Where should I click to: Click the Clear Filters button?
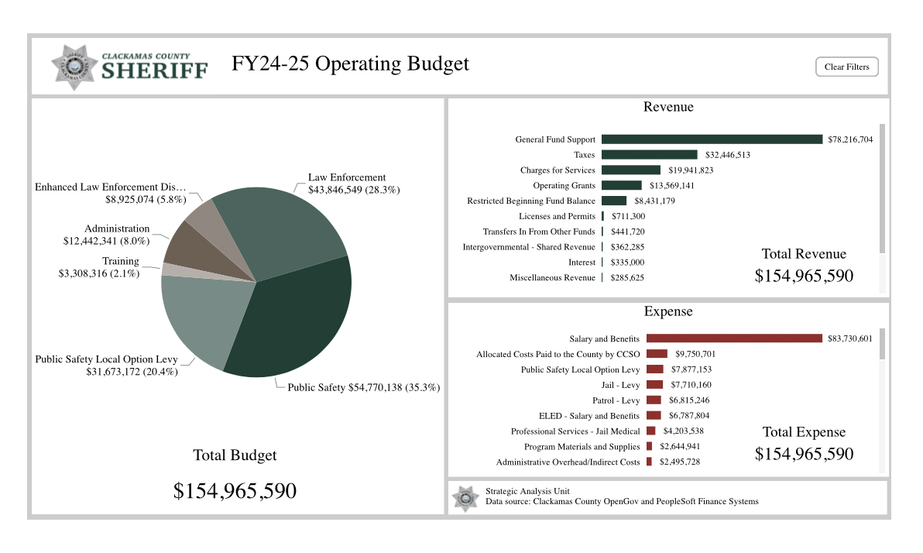pyautogui.click(x=846, y=67)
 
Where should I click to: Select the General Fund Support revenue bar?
pyautogui.click(x=712, y=139)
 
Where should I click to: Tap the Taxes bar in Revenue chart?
pyautogui.click(x=649, y=155)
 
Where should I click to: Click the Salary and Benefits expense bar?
pyautogui.click(x=734, y=338)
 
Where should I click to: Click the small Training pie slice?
pyautogui.click(x=168, y=269)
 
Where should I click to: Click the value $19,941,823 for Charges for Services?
pyautogui.click(x=689, y=170)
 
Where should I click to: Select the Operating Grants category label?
pyautogui.click(x=564, y=186)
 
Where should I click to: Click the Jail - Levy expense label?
pyautogui.click(x=620, y=385)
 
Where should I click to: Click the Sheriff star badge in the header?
pyautogui.click(x=74, y=67)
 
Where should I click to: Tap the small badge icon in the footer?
pyautogui.click(x=466, y=498)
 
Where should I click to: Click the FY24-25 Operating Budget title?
pyautogui.click(x=350, y=64)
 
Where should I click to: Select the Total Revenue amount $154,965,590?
pyautogui.click(x=804, y=276)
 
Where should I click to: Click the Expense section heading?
pyautogui.click(x=668, y=311)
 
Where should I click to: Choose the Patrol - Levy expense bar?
pyautogui.click(x=654, y=400)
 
